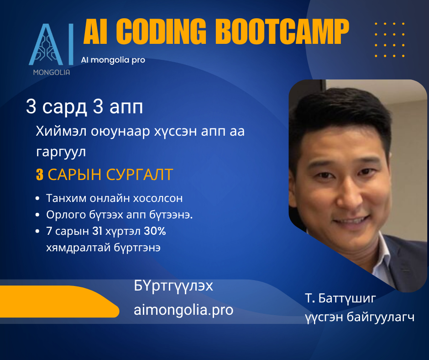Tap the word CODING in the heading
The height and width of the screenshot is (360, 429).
pyautogui.click(x=161, y=32)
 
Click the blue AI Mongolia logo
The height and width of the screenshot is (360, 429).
pyautogui.click(x=51, y=44)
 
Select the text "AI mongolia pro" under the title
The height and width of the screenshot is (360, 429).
pyautogui.click(x=113, y=60)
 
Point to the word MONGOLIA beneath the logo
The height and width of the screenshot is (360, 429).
pyautogui.click(x=52, y=72)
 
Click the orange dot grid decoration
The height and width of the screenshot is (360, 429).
pyautogui.click(x=390, y=40)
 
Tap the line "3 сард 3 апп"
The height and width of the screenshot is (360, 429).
pyautogui.click(x=84, y=107)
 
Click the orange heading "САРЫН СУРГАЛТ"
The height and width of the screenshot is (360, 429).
pyautogui.click(x=110, y=175)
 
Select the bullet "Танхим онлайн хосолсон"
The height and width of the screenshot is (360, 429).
pyautogui.click(x=115, y=198)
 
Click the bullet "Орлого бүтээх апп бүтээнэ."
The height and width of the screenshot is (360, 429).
pyautogui.click(x=120, y=215)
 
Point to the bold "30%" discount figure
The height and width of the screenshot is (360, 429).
pyautogui.click(x=155, y=231)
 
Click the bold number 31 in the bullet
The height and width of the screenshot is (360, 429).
pyautogui.click(x=97, y=231)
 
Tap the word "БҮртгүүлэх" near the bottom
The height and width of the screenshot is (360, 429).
pyautogui.click(x=173, y=286)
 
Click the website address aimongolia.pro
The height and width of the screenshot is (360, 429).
pyautogui.click(x=183, y=310)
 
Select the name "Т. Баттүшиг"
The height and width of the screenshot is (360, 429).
pyautogui.click(x=340, y=298)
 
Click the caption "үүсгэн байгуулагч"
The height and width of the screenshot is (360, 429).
pyautogui.click(x=360, y=317)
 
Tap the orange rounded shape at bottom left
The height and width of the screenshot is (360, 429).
pyautogui.click(x=59, y=302)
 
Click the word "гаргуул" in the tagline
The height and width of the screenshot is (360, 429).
pyautogui.click(x=61, y=152)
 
